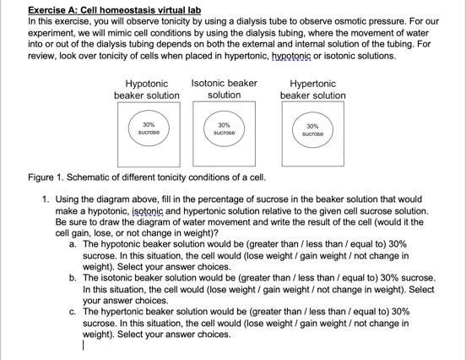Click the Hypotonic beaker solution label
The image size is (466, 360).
pyautogui.click(x=147, y=90)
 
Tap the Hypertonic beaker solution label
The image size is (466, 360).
pyautogui.click(x=312, y=90)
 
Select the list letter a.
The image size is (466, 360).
pyautogui.click(x=73, y=243)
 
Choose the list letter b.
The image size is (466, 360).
pyautogui.click(x=73, y=277)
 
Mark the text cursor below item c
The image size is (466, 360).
pyautogui.click(x=84, y=345)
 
